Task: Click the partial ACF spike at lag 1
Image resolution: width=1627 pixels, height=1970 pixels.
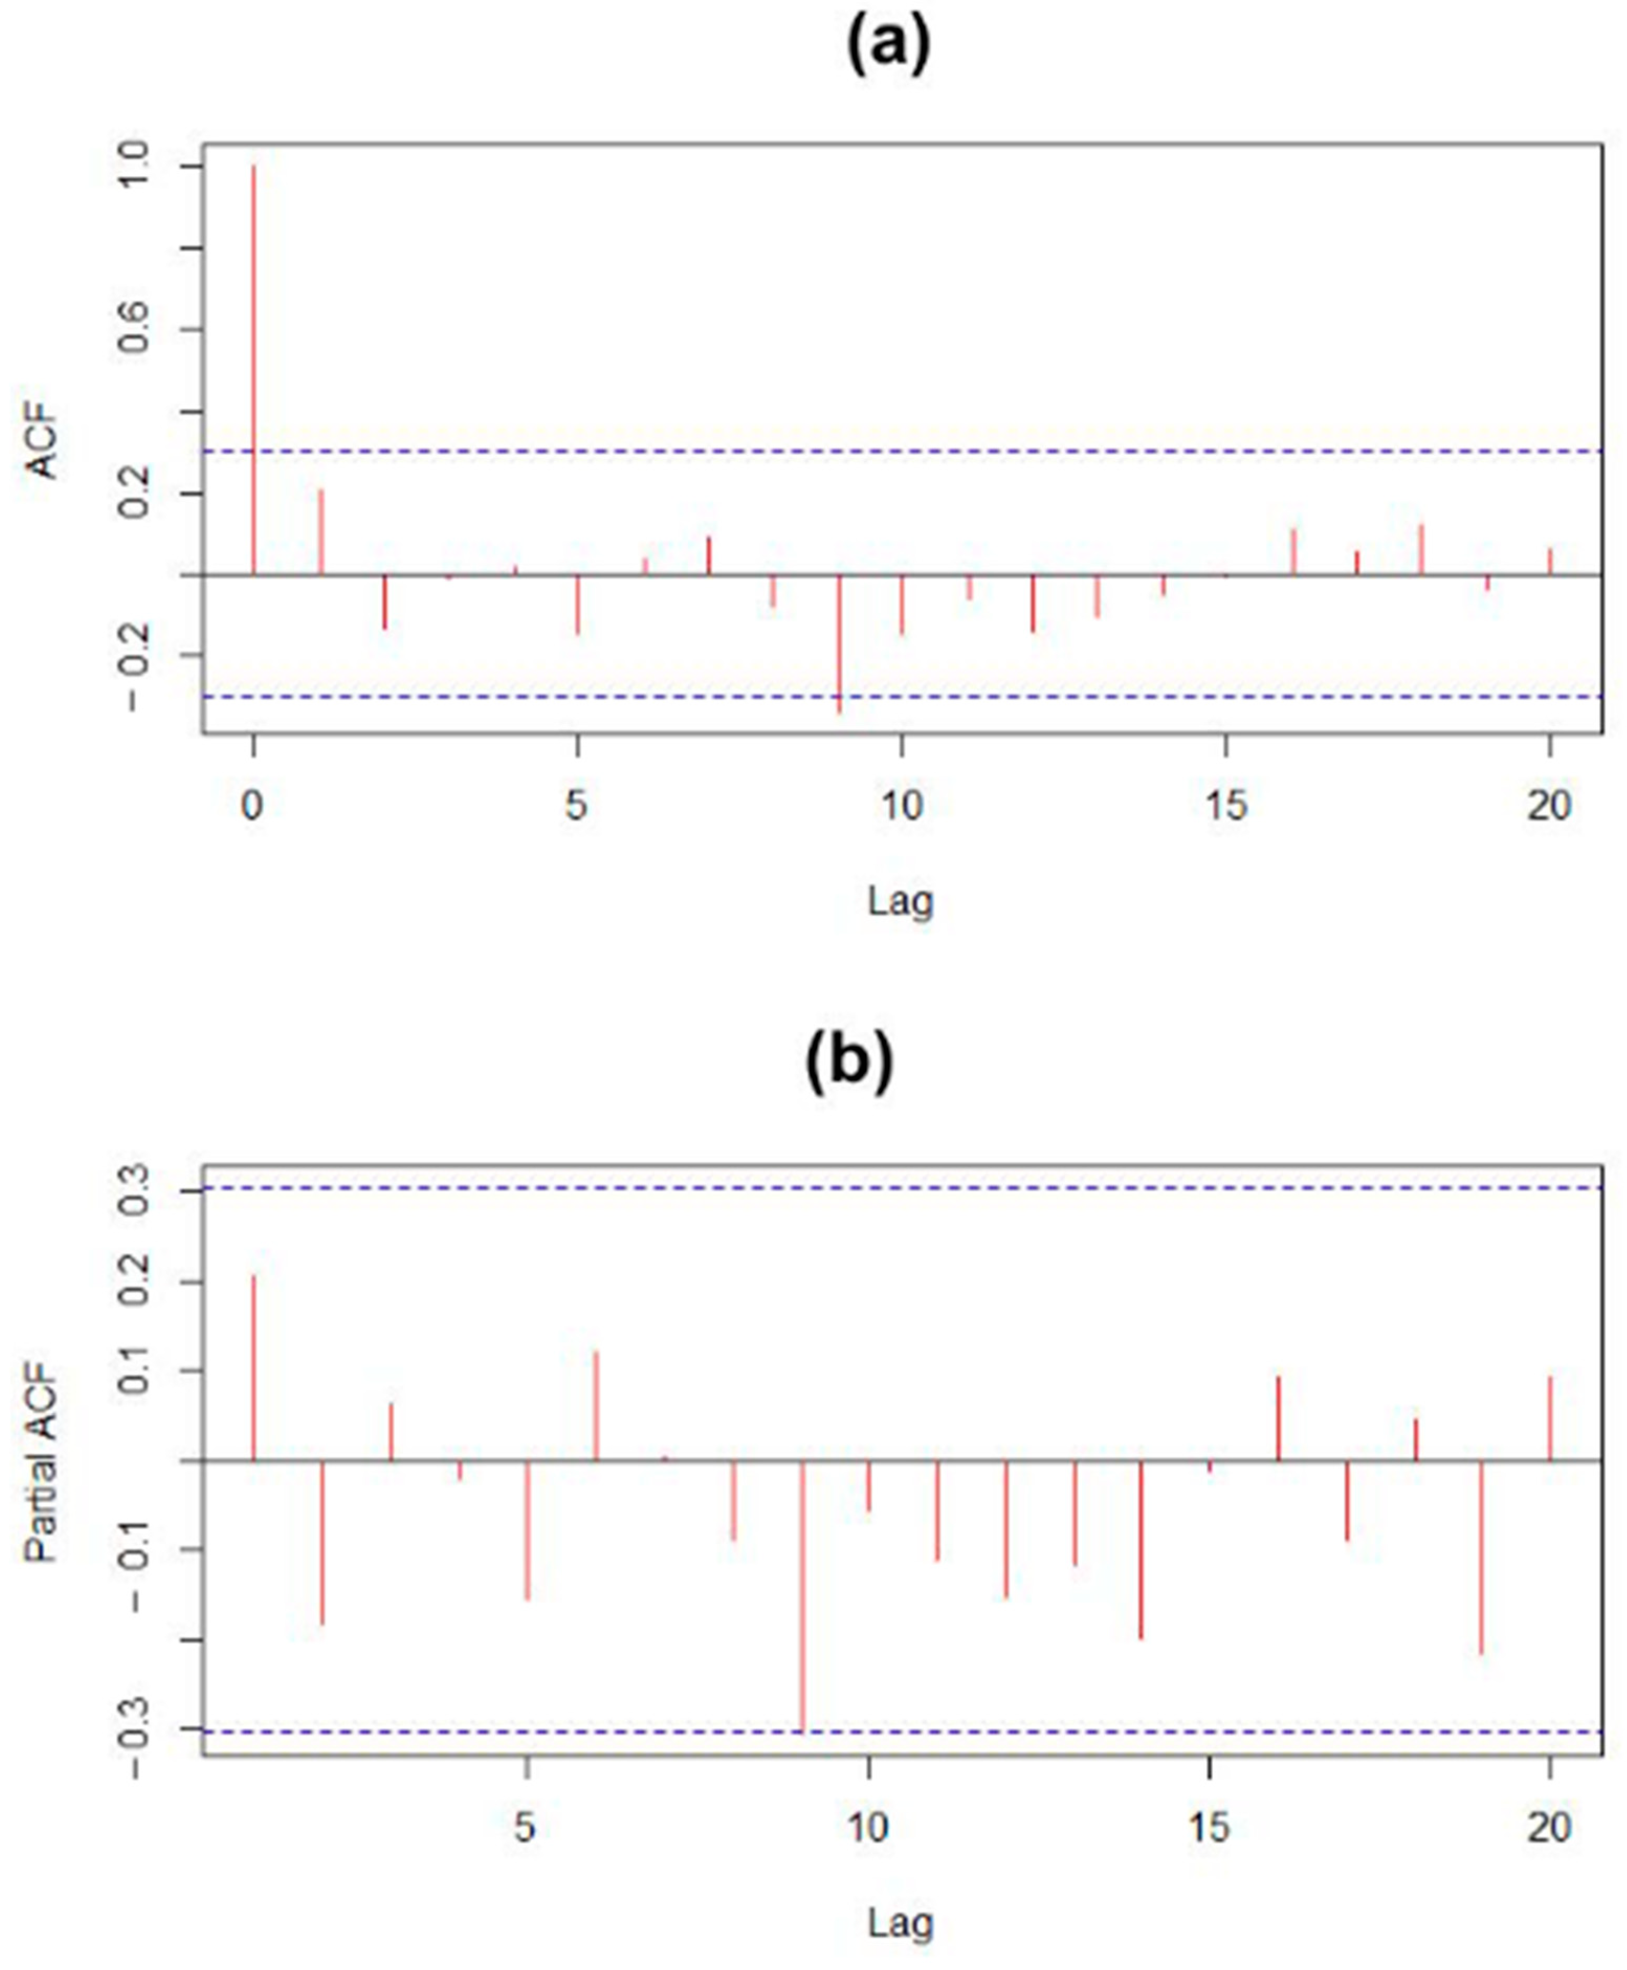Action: coord(253,1368)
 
